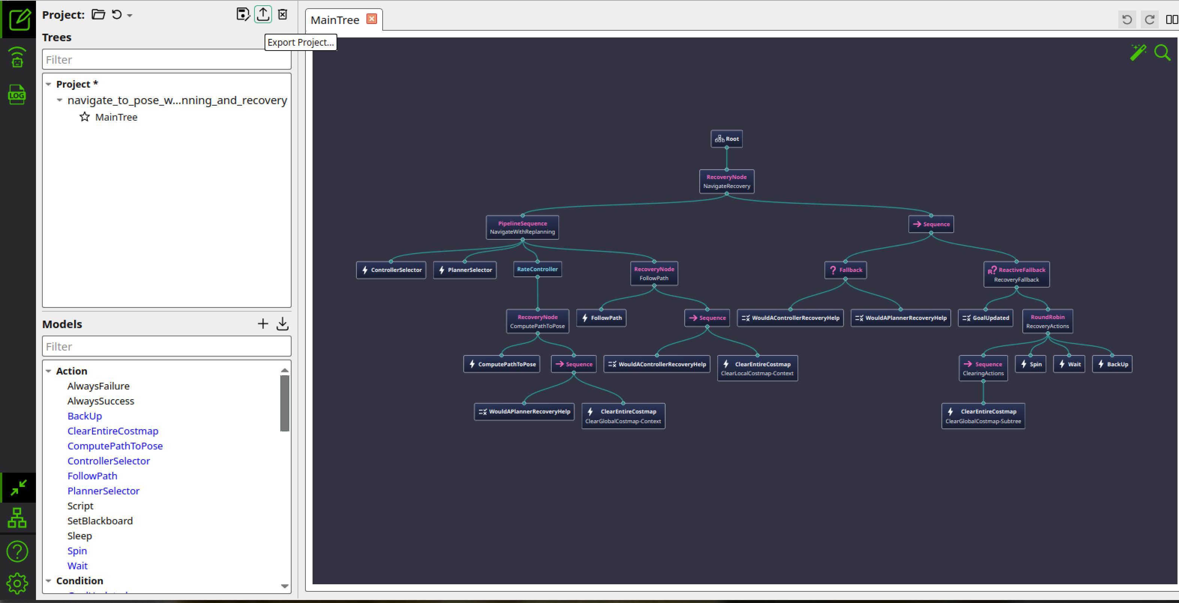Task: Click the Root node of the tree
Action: pyautogui.click(x=726, y=139)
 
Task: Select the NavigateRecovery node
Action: pyautogui.click(x=726, y=181)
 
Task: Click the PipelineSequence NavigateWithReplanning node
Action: pyautogui.click(x=522, y=227)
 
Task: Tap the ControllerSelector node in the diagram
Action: pyautogui.click(x=391, y=270)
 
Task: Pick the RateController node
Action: pyautogui.click(x=537, y=269)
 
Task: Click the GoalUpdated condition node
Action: pyautogui.click(x=985, y=318)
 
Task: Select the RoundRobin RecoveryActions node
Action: pyautogui.click(x=1047, y=321)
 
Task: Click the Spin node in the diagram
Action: pyautogui.click(x=1030, y=364)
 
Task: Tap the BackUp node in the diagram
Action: pyautogui.click(x=1112, y=364)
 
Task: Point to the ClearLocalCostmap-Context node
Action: pyautogui.click(x=757, y=368)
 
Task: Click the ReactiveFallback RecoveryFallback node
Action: pyautogui.click(x=1016, y=275)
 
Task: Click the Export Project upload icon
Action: pyautogui.click(x=263, y=14)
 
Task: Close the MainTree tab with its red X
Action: pyautogui.click(x=372, y=19)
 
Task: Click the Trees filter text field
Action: pyautogui.click(x=167, y=60)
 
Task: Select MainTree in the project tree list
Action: pyautogui.click(x=116, y=117)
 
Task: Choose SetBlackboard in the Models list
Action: pyautogui.click(x=100, y=521)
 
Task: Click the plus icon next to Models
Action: pyautogui.click(x=263, y=324)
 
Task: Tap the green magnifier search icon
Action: pyautogui.click(x=1162, y=52)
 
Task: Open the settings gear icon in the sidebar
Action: pyautogui.click(x=17, y=583)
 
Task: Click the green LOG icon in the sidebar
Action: pyautogui.click(x=17, y=95)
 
